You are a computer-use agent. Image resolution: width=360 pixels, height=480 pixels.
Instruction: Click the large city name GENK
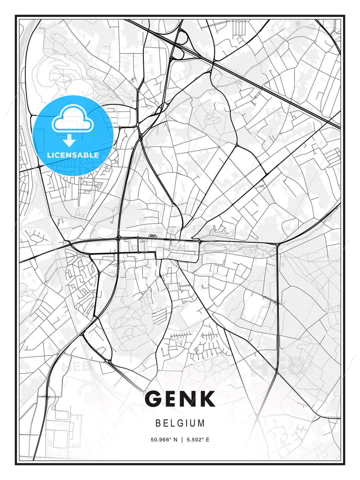click(x=180, y=399)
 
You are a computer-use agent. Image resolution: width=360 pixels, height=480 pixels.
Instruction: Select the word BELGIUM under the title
click(x=180, y=423)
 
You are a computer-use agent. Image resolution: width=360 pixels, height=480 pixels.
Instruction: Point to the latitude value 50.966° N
click(x=164, y=440)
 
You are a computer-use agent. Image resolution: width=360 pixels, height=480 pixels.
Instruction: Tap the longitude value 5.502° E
click(x=198, y=440)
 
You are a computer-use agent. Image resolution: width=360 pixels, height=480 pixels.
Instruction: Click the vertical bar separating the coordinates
click(x=182, y=440)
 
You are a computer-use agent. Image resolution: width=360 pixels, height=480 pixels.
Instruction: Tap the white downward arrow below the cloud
click(x=69, y=141)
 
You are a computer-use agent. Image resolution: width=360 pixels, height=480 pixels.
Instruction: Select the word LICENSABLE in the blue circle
click(x=73, y=155)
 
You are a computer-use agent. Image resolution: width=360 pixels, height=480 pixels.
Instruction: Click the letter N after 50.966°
click(x=176, y=440)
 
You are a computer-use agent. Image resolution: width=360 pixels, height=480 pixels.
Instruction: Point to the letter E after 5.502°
click(x=208, y=440)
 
